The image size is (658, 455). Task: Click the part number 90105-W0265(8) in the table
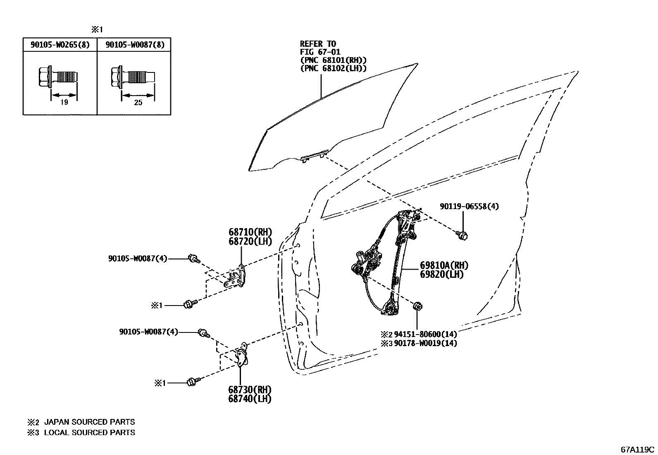click(x=60, y=45)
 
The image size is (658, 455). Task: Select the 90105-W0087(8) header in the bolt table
click(x=135, y=45)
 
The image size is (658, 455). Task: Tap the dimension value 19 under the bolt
click(x=64, y=102)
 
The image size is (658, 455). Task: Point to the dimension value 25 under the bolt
click(x=138, y=102)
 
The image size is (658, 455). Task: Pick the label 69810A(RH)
click(x=444, y=265)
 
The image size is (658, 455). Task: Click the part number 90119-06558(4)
click(x=469, y=206)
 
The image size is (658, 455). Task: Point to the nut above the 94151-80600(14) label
click(x=417, y=306)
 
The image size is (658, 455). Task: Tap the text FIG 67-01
click(x=320, y=52)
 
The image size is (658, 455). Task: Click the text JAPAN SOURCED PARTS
click(x=89, y=422)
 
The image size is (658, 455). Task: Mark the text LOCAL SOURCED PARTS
click(x=89, y=433)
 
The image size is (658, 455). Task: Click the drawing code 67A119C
click(x=637, y=450)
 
